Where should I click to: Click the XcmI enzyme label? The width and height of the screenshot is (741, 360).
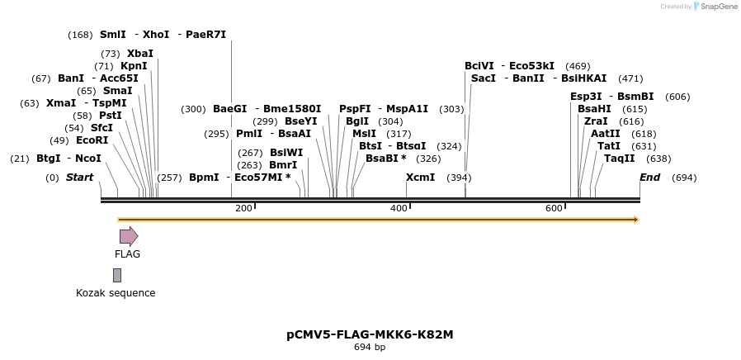point(420,178)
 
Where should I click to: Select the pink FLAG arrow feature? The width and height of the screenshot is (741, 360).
point(129,237)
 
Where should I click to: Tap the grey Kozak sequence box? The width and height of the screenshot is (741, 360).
point(117,275)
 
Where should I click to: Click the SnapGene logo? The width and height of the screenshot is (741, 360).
point(714,7)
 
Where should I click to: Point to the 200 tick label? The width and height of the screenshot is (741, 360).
point(243,208)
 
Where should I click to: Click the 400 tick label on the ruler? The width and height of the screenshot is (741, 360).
point(399,208)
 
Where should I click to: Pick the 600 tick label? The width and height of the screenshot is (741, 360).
point(554,208)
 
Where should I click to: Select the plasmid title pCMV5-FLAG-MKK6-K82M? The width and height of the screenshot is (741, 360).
point(370,334)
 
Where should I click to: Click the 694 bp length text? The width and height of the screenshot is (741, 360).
point(370,347)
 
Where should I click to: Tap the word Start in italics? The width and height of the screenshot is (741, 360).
point(79,178)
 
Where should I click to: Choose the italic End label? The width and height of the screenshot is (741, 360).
point(650,178)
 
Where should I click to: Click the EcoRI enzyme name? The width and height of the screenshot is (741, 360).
point(92,140)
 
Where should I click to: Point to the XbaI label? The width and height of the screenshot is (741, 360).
point(140,54)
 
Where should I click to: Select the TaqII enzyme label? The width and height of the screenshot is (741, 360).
point(619,159)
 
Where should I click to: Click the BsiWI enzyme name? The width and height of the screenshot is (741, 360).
point(286,153)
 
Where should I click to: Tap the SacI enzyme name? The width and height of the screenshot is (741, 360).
point(484,78)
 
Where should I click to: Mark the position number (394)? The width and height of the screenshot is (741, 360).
point(459,178)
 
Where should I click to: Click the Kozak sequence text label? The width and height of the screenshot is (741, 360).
point(116,293)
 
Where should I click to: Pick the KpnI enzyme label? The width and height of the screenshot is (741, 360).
point(134,66)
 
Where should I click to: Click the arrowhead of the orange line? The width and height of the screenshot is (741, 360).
point(635,220)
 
